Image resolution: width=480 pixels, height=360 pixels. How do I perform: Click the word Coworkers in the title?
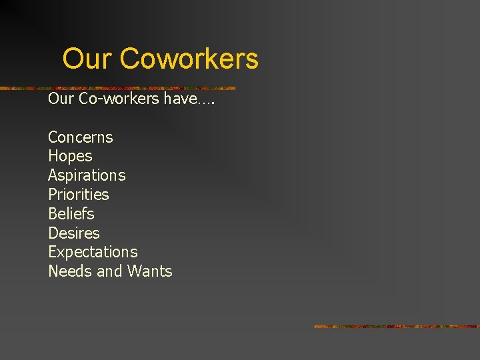[x=189, y=59]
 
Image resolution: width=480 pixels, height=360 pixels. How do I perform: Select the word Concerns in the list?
[x=81, y=137]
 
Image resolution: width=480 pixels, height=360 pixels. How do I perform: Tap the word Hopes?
[x=70, y=157]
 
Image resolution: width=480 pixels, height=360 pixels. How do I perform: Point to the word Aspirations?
[x=87, y=175]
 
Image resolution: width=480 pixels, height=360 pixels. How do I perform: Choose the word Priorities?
[x=78, y=195]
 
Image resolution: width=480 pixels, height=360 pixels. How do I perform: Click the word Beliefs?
[x=71, y=214]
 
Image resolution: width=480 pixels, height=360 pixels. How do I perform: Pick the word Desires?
[x=73, y=233]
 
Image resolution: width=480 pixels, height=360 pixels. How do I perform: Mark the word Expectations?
[x=93, y=252]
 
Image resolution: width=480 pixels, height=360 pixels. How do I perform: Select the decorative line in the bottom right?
[x=397, y=327]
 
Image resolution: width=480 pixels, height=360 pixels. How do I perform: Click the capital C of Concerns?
[x=53, y=137]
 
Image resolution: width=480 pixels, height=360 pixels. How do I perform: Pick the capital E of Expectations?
[x=52, y=252]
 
